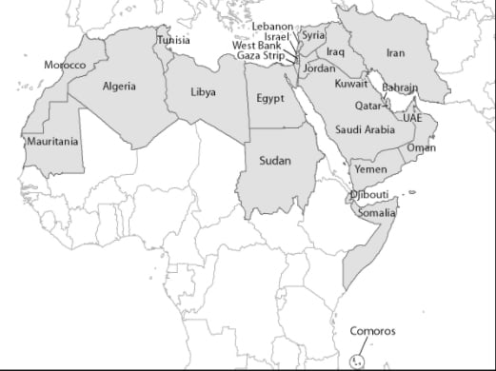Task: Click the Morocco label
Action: (x=65, y=65)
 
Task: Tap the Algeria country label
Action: (x=119, y=87)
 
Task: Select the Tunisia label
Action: (x=173, y=41)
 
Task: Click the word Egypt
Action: (x=270, y=98)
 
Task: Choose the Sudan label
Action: (x=275, y=161)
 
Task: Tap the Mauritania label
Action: (x=53, y=142)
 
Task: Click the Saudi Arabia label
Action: (x=366, y=129)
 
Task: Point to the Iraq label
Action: (x=335, y=51)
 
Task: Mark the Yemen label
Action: (x=370, y=168)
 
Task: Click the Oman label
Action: (x=422, y=148)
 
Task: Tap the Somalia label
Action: (x=376, y=213)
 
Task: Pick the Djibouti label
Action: (x=369, y=195)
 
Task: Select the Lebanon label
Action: (x=272, y=26)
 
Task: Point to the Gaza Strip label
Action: (x=260, y=56)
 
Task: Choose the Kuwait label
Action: (x=351, y=84)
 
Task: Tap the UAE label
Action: (x=412, y=118)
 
